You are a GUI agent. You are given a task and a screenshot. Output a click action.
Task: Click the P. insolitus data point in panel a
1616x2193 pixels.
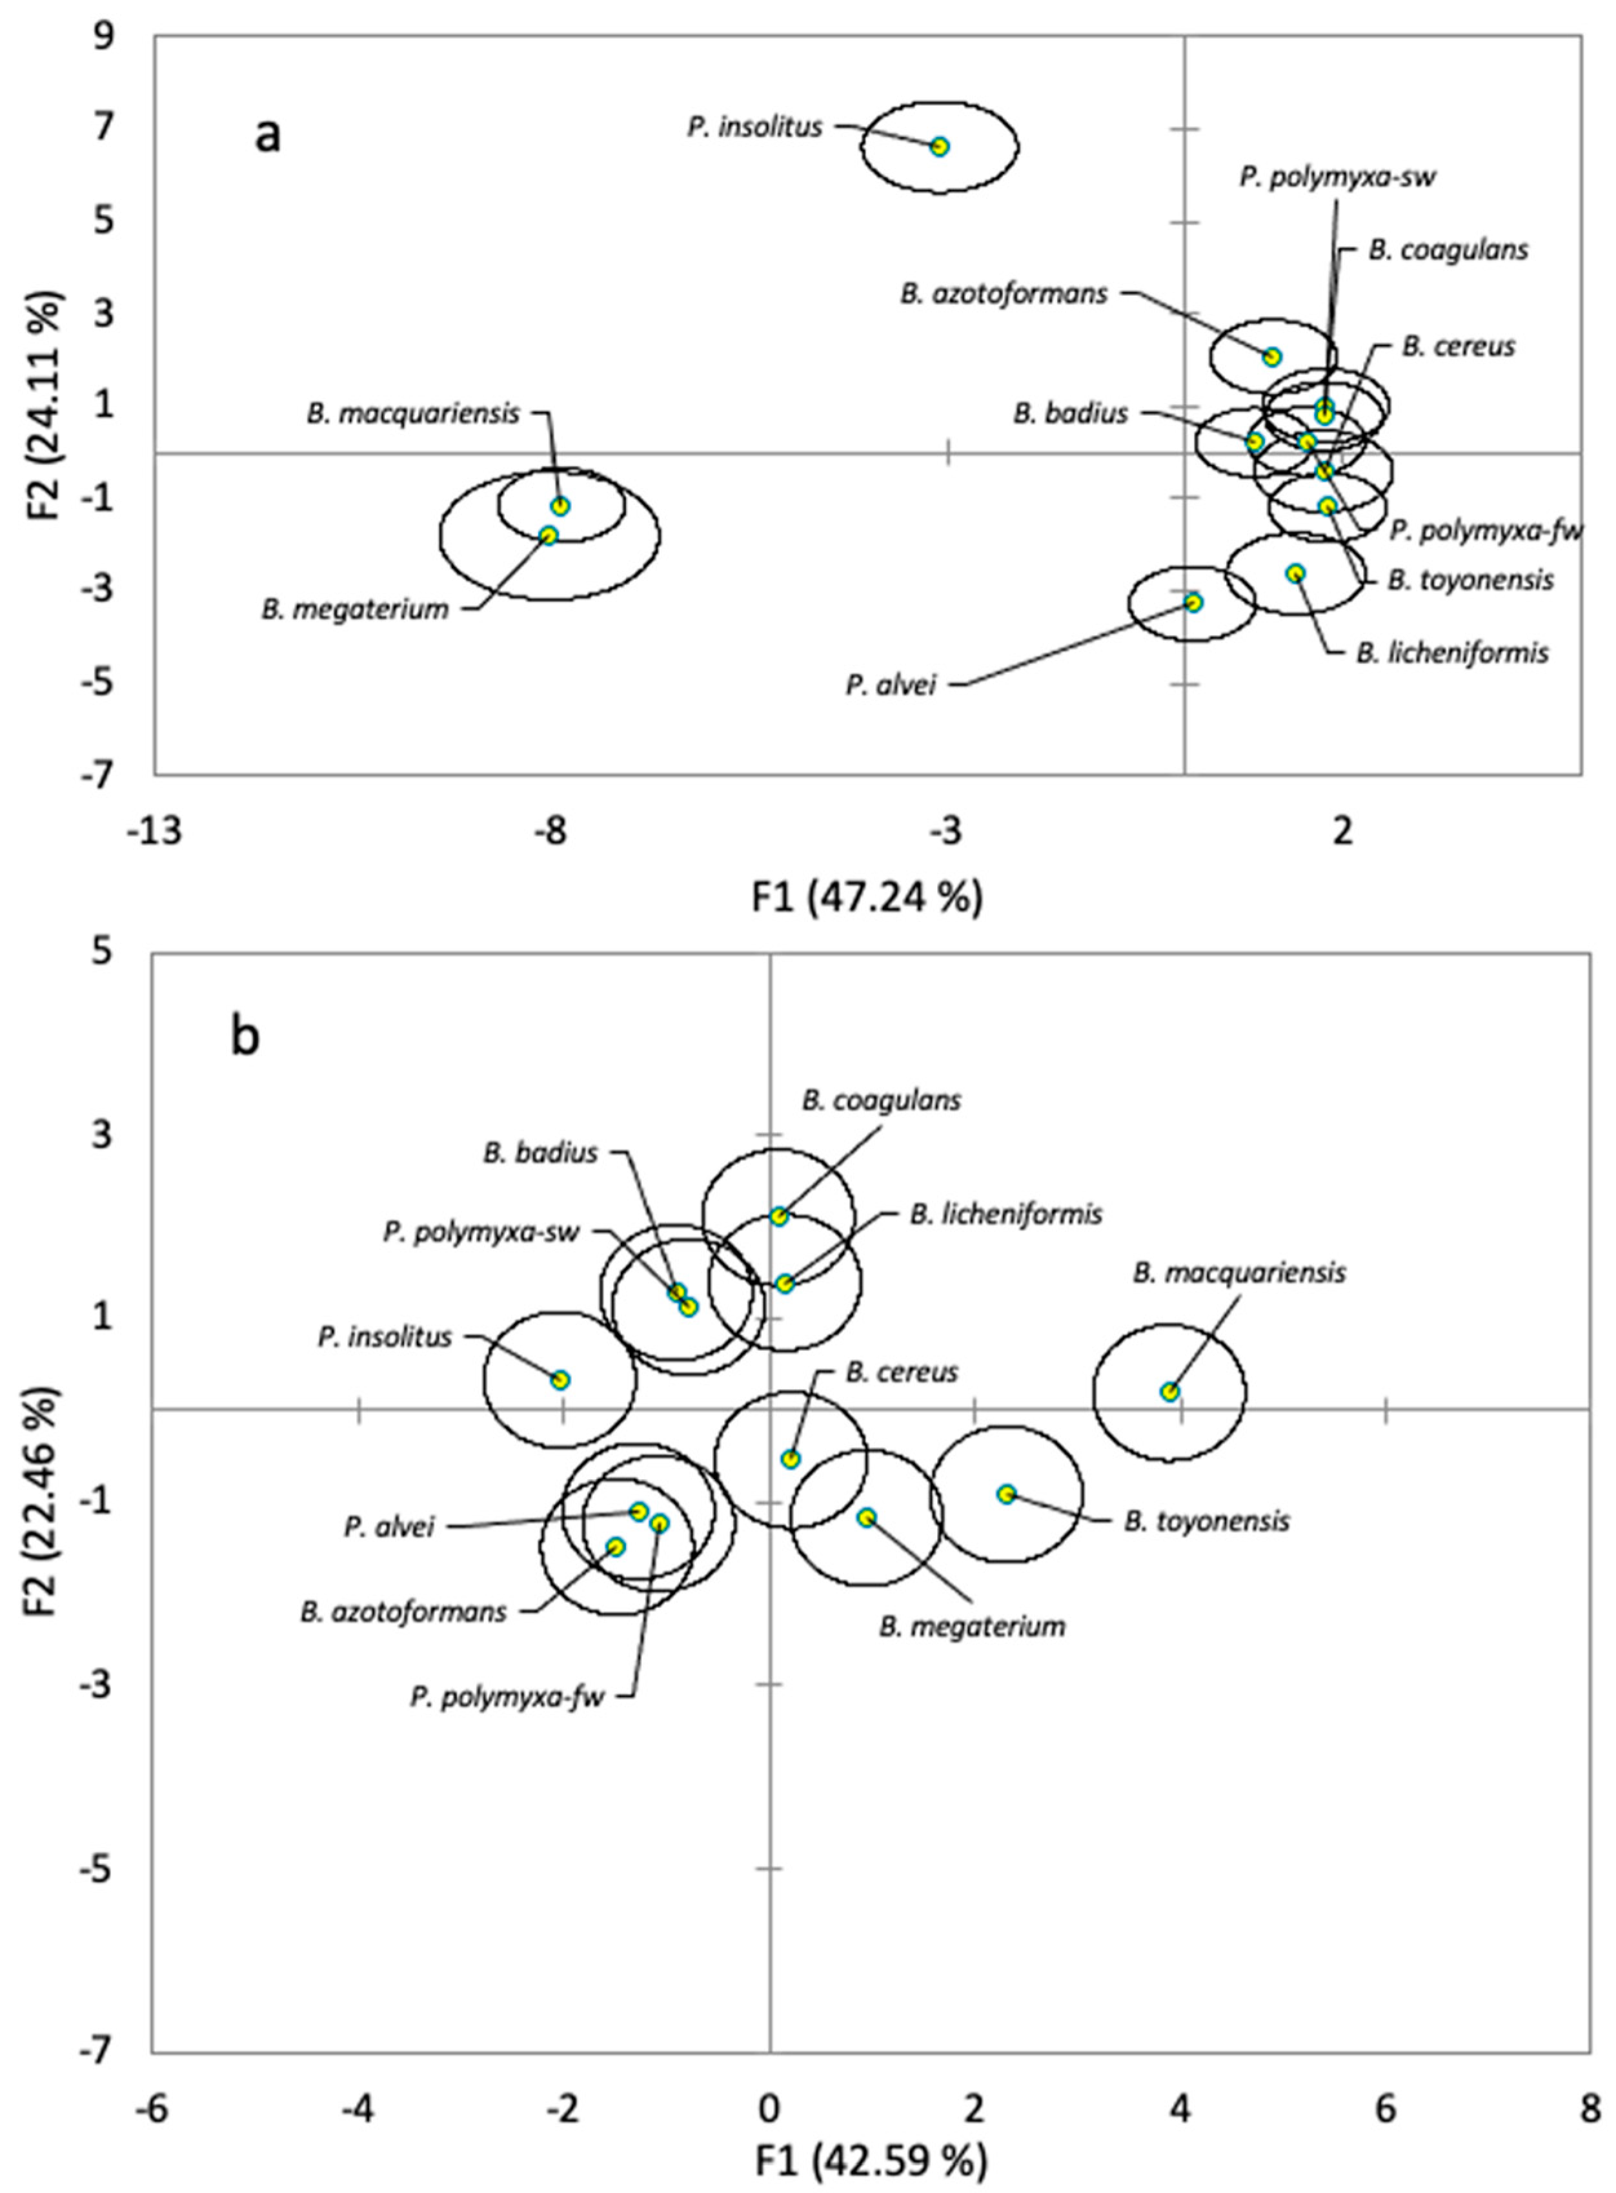click(939, 147)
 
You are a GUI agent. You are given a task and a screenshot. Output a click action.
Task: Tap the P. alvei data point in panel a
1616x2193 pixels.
click(1193, 602)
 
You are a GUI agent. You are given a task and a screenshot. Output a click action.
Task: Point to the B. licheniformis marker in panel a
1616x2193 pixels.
click(1295, 573)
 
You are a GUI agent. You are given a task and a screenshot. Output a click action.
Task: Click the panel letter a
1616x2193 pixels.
click(267, 135)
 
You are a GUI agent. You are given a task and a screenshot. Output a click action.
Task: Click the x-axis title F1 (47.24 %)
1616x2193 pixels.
click(867, 898)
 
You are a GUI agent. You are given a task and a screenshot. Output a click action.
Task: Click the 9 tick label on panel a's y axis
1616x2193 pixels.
click(103, 37)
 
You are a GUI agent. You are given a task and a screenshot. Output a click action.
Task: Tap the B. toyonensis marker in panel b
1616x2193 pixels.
click(1005, 1493)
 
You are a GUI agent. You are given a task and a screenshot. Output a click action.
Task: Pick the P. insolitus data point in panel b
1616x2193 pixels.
click(560, 1380)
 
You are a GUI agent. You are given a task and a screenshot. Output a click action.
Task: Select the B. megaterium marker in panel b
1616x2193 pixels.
click(865, 1518)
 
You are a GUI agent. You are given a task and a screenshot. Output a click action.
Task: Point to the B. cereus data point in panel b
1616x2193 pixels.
click(791, 1459)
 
